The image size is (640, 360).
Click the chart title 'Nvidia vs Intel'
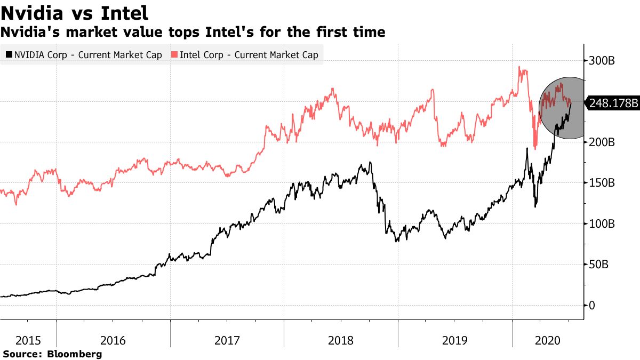point(75,12)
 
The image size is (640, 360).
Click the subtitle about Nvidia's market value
point(193,33)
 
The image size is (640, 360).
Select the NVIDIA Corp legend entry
point(86,54)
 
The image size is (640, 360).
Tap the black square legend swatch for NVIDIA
point(9,54)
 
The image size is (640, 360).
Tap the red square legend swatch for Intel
point(175,54)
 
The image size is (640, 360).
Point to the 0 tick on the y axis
point(591,306)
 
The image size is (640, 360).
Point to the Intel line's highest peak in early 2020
point(519,67)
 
